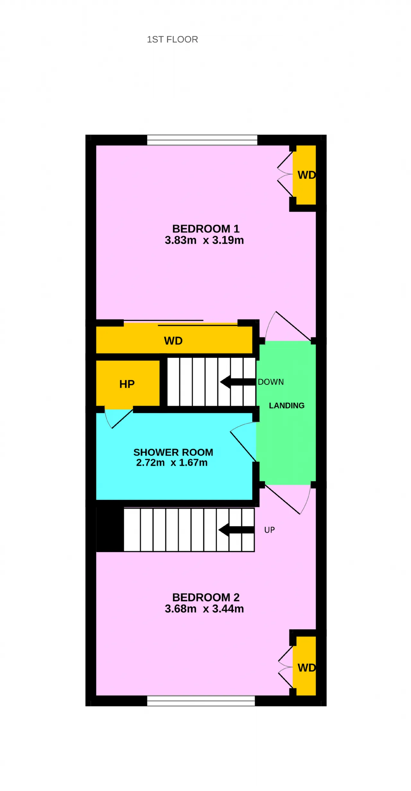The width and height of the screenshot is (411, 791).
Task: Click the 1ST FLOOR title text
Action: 172,40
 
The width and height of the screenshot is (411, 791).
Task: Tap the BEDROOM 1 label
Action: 206,229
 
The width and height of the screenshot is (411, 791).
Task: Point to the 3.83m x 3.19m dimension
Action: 204,240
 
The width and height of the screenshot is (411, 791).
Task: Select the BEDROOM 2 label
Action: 206,597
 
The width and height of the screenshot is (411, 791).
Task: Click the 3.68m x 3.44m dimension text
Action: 204,609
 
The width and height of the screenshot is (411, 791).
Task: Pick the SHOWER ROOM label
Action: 173,452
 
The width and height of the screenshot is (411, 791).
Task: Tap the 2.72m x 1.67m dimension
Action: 172,462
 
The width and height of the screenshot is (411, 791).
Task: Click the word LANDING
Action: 287,406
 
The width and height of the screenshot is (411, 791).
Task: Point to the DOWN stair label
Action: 271,382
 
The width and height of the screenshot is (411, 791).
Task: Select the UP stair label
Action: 269,530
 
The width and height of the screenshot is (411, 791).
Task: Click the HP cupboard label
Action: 127,384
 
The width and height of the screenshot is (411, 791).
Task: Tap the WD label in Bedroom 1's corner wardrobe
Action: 307,175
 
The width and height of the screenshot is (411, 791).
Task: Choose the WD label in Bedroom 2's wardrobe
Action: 307,668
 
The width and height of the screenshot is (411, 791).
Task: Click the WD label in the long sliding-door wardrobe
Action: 173,341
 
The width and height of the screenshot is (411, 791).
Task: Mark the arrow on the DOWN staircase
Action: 238,382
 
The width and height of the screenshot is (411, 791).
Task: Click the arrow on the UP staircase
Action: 236,530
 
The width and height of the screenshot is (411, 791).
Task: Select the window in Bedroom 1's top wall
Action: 202,140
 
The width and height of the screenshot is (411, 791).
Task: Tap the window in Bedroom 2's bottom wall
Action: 201,701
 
